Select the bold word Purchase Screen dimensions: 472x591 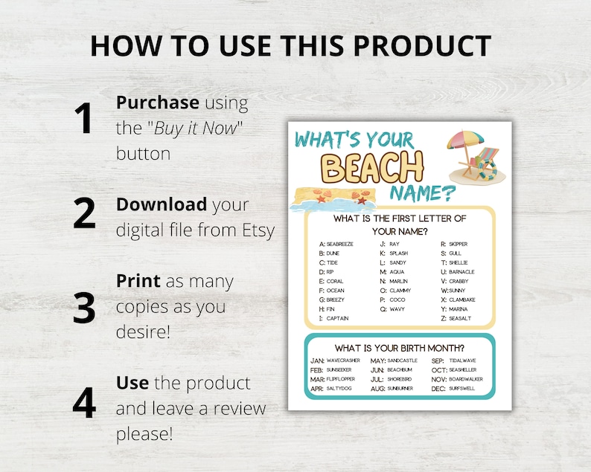(x=158, y=103)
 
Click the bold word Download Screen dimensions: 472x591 (x=162, y=204)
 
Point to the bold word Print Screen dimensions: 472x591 (x=138, y=282)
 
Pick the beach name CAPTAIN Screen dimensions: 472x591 (x=337, y=318)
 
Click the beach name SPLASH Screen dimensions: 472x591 (x=399, y=253)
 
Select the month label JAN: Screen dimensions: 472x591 (x=317, y=361)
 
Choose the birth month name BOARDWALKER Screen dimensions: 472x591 (x=466, y=379)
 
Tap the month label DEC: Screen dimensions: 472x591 (x=438, y=388)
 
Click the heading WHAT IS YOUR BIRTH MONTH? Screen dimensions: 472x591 (x=400, y=347)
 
